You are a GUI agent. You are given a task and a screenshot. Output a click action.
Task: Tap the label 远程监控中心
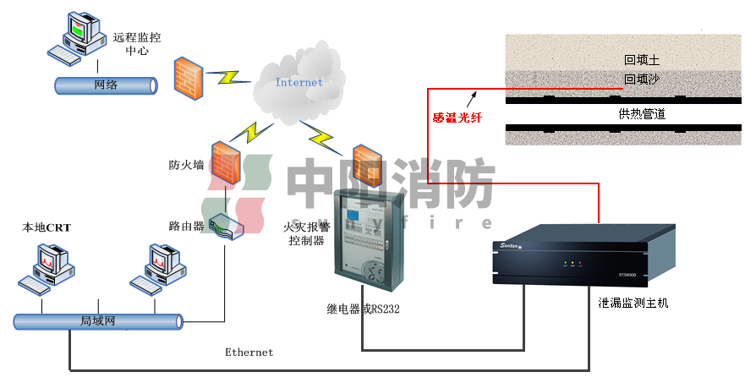coord(136,44)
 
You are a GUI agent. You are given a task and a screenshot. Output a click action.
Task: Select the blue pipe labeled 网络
coord(107,85)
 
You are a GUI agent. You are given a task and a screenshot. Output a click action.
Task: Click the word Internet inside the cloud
coord(299,82)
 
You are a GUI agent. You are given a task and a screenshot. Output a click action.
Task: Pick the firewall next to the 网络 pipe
coord(188,78)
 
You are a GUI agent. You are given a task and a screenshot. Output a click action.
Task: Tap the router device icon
coord(225,225)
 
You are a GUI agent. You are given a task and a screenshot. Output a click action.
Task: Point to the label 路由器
coord(186,226)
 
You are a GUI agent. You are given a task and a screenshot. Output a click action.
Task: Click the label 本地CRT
coord(47,227)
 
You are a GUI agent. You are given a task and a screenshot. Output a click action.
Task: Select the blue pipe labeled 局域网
coord(98,321)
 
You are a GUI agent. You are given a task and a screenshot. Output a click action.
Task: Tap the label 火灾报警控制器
coord(306,233)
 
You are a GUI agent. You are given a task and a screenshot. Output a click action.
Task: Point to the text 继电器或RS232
coord(364,309)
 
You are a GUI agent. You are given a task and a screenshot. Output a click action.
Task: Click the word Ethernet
coord(249,352)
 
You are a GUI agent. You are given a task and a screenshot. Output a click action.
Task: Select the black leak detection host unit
coord(571,257)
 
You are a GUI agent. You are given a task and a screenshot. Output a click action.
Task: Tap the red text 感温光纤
coord(457,118)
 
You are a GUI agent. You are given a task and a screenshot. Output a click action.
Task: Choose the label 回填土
coord(641,61)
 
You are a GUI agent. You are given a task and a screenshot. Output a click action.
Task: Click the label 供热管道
coord(642,113)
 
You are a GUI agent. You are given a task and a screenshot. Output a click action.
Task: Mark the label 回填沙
coord(641,80)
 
